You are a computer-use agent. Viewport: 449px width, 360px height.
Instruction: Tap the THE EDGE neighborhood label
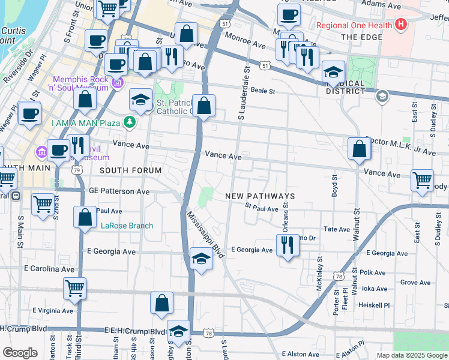coord(361,37)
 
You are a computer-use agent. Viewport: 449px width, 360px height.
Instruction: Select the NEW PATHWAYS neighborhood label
coord(261,196)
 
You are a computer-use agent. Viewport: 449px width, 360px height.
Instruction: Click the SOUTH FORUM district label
coord(130,170)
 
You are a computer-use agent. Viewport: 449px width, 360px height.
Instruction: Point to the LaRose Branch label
coord(127,226)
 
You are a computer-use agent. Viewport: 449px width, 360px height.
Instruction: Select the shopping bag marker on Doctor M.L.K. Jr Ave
coord(359,150)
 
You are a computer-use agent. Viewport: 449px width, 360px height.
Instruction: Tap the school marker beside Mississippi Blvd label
coord(201,259)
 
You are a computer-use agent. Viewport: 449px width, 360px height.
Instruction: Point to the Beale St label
coord(262,91)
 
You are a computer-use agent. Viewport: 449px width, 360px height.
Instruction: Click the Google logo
coord(20,353)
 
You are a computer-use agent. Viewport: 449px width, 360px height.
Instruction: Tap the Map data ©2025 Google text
coord(411,355)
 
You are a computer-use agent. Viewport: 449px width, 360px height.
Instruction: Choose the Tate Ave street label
coord(336,229)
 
